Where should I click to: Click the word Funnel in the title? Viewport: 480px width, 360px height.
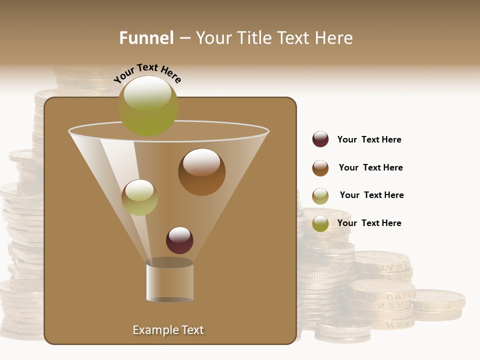tap(146, 38)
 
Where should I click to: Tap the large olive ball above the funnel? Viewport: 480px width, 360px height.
tap(148, 105)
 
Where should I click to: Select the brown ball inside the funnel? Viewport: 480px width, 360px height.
tap(201, 172)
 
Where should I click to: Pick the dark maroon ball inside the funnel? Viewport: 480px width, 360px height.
tap(179, 240)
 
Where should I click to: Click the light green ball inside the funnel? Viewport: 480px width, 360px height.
tap(139, 197)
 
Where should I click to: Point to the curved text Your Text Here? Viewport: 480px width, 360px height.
tap(147, 73)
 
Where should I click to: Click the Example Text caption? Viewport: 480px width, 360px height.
tap(168, 330)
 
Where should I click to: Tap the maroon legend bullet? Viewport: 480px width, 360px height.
tap(320, 139)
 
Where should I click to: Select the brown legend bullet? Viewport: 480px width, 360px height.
tap(320, 168)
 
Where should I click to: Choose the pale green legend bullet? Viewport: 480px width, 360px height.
tap(320, 196)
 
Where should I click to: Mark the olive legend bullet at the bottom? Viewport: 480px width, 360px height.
tap(320, 223)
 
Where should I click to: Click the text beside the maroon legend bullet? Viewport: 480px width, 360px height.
tap(369, 139)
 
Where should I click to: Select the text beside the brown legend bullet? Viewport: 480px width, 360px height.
tap(370, 167)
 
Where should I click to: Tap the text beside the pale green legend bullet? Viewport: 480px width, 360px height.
tap(371, 195)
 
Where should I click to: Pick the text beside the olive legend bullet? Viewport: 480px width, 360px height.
tap(369, 223)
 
